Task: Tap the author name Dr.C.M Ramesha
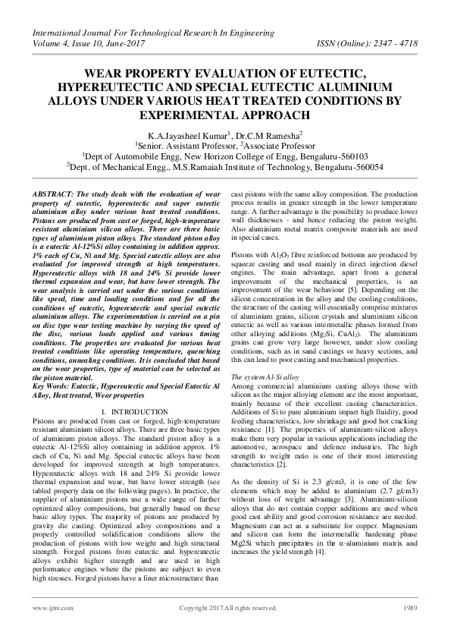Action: click(x=264, y=134)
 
